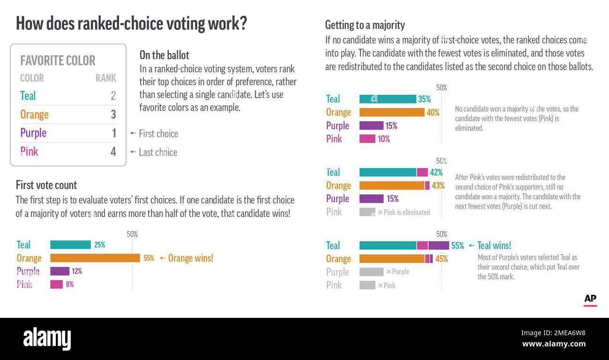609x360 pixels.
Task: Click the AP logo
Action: coord(590,299)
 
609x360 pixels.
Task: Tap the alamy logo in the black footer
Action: coord(47,338)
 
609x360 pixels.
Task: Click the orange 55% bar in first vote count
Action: coord(95,258)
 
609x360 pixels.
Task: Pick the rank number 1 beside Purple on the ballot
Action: coord(113,133)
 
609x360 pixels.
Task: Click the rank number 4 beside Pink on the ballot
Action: coord(113,152)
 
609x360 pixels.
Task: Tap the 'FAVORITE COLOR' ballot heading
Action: coord(58,60)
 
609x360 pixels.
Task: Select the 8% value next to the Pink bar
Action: coord(69,284)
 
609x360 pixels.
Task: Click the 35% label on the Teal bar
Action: coord(424,99)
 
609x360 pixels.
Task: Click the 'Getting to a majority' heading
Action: coord(365,25)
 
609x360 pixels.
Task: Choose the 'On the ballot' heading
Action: coord(164,55)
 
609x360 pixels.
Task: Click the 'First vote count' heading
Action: coord(46,185)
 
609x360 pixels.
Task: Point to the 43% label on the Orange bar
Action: coord(438,185)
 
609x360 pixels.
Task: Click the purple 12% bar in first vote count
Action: coord(59,271)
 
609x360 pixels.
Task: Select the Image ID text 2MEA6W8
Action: coord(553,333)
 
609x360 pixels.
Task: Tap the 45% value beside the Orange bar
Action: coord(441,259)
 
